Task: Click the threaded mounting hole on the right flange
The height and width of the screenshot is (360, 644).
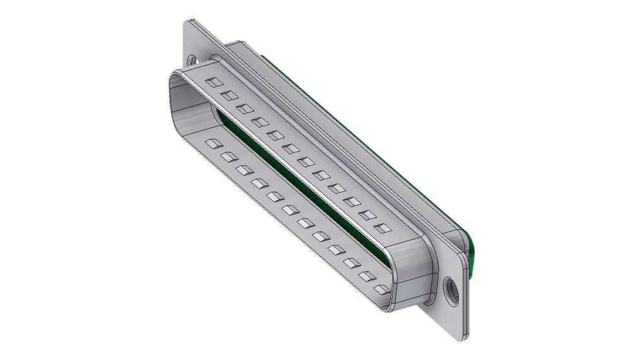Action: [x=451, y=292]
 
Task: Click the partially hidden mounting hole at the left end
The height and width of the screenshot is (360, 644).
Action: [x=193, y=61]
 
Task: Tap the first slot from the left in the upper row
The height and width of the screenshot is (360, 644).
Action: [x=215, y=82]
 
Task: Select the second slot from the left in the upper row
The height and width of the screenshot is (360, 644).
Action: [x=230, y=95]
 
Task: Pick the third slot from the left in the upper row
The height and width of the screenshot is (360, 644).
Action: [x=245, y=109]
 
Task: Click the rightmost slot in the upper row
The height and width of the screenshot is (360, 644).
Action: [x=381, y=228]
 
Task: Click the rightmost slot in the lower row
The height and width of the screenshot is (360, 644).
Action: [x=381, y=289]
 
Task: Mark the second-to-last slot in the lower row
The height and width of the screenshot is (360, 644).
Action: [x=366, y=276]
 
